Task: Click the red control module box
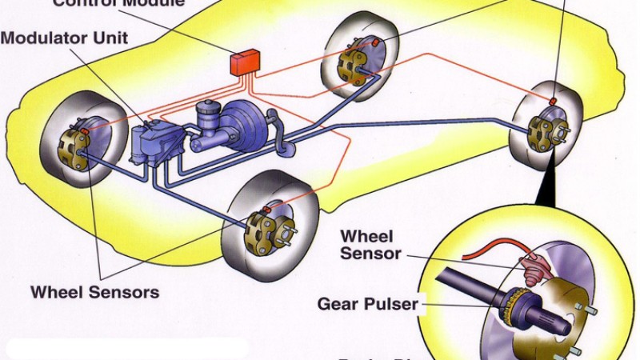click(245, 62)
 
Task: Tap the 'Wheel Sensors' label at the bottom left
click(94, 291)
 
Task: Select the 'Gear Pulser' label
click(367, 305)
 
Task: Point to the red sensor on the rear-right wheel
click(552, 101)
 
